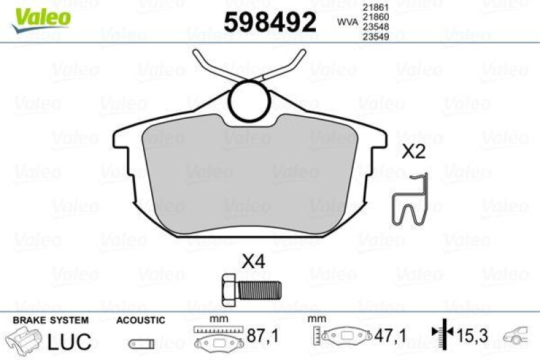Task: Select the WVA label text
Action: [348, 22]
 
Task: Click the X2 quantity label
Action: [414, 153]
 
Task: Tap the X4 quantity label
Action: [252, 261]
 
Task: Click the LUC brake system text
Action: [69, 341]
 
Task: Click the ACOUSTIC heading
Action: [140, 319]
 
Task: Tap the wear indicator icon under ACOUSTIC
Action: [139, 342]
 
